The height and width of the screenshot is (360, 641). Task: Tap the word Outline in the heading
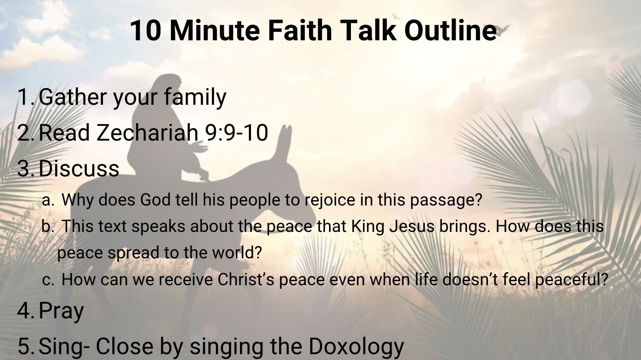click(x=450, y=30)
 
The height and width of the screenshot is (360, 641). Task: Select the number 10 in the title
click(x=145, y=30)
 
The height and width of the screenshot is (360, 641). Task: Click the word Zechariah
click(x=147, y=133)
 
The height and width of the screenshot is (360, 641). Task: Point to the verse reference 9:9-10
click(x=236, y=133)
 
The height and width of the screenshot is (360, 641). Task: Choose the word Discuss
click(x=79, y=168)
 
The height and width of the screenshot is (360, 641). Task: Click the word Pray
click(x=61, y=311)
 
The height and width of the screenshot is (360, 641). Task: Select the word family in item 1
click(x=195, y=98)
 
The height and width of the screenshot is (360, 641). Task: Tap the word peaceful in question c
click(x=571, y=279)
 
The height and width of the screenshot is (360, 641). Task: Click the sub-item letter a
click(x=47, y=201)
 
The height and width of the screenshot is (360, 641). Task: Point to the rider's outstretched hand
click(x=200, y=148)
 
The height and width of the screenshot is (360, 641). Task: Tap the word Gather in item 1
click(x=73, y=97)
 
